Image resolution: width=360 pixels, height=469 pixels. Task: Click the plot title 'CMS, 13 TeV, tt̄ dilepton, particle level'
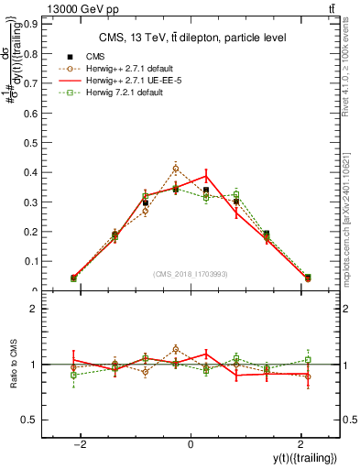pos(190,38)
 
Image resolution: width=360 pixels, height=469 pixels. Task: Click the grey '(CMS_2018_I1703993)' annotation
pos(191,274)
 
